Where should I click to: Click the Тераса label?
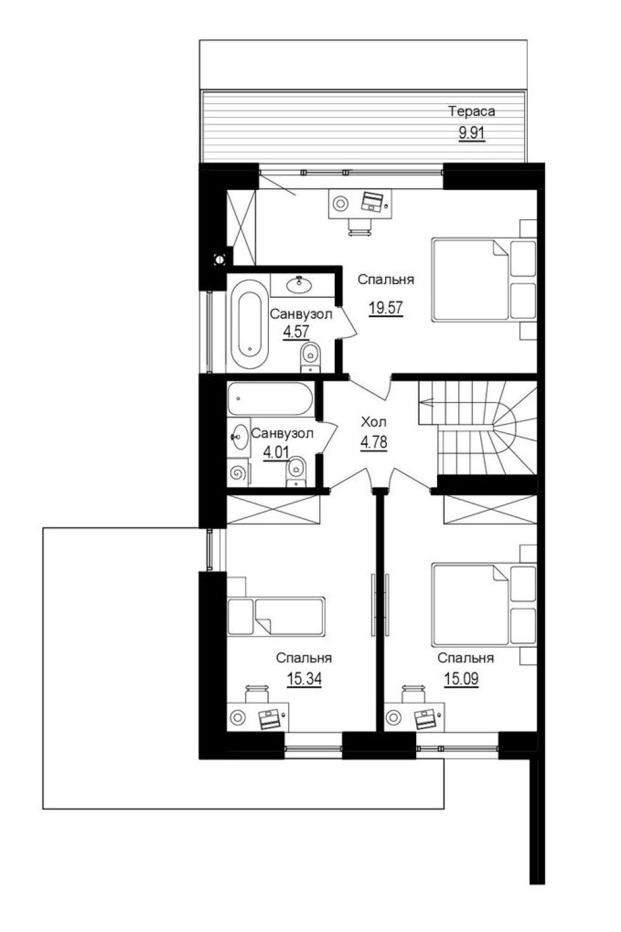tap(471, 111)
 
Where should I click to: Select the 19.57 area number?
tap(385, 308)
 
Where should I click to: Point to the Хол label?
tap(373, 423)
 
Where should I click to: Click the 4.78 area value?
tap(374, 442)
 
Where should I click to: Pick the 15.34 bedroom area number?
tap(304, 679)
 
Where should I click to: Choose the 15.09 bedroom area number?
tap(461, 679)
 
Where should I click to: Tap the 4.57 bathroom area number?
tap(296, 331)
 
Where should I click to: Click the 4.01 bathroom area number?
tap(276, 452)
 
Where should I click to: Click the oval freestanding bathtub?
tap(248, 323)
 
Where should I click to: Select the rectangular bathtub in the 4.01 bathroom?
tap(270, 399)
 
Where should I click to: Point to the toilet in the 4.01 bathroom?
tap(296, 472)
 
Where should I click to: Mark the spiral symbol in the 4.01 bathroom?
tap(238, 473)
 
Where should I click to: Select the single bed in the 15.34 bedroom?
tap(276, 617)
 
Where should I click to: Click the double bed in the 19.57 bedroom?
tap(484, 279)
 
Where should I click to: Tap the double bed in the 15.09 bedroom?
tap(484, 604)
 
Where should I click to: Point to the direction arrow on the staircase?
tap(427, 402)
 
